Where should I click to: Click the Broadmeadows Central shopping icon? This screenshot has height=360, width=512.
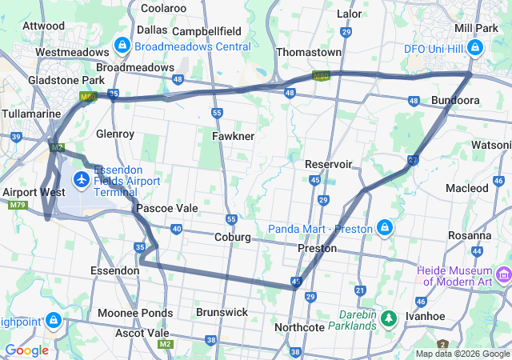pos(122,46)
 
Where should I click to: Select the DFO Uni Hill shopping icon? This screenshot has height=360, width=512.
pos(474,48)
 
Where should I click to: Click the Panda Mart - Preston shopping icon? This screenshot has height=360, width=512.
pos(385,229)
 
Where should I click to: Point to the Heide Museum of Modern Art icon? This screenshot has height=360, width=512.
pos(503,276)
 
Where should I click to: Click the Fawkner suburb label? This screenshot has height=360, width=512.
pos(233,136)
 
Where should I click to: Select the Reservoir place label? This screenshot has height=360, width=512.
pos(328,164)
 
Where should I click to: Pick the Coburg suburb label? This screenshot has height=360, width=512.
pos(233,238)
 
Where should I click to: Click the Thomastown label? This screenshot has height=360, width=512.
pos(308,52)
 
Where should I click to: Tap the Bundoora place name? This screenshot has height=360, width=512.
pos(455,101)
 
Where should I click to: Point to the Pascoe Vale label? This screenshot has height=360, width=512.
pos(166,208)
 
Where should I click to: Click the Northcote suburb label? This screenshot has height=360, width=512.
pos(299,328)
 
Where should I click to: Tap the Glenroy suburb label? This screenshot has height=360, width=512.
pos(114,134)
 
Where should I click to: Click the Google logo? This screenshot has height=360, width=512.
pos(26,350)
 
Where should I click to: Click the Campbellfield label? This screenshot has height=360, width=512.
pos(206,30)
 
